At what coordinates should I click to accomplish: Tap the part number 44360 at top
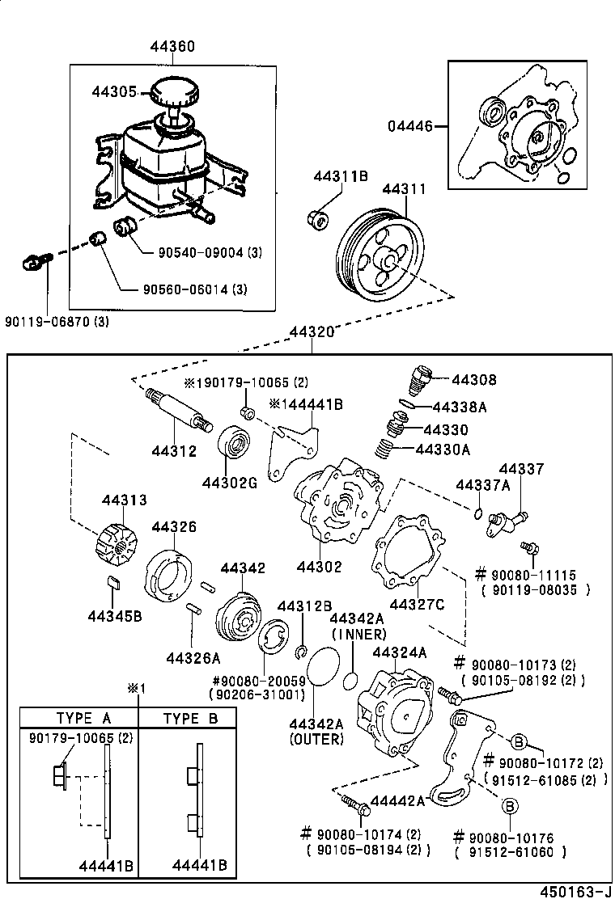[x=172, y=47]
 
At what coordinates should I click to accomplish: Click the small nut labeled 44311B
[x=317, y=218]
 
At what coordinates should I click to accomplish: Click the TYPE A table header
[x=83, y=718]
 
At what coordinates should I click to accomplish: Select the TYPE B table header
[x=190, y=718]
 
